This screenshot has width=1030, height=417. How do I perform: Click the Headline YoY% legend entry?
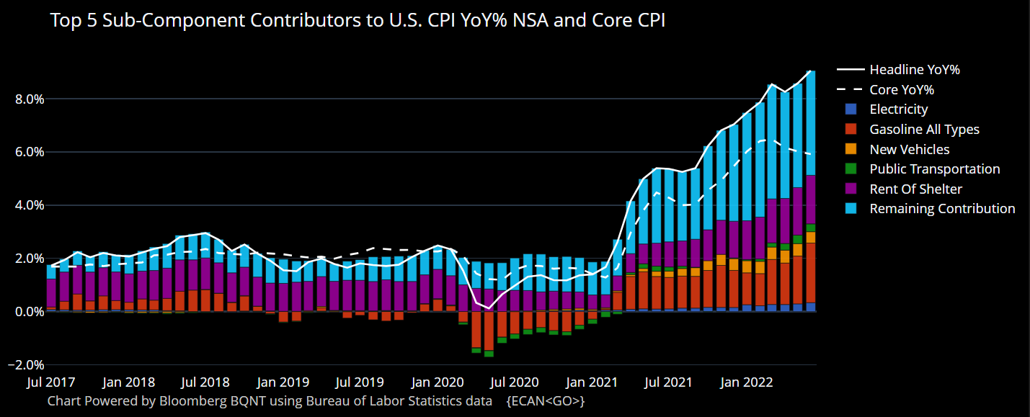tap(914, 70)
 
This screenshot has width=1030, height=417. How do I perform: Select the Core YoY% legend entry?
tap(902, 90)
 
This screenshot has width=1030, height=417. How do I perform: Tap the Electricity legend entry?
tap(898, 109)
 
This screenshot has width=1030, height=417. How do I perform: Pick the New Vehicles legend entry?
tap(909, 150)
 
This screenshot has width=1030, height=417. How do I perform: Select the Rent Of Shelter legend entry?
tap(915, 189)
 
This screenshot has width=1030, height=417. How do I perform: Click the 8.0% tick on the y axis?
tap(30, 99)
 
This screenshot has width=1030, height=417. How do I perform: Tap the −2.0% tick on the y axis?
tap(26, 365)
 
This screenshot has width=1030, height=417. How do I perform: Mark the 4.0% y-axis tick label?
tap(30, 205)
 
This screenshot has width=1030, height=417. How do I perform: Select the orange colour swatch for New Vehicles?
tap(851, 150)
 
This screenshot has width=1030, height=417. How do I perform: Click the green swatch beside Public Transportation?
tap(851, 169)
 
